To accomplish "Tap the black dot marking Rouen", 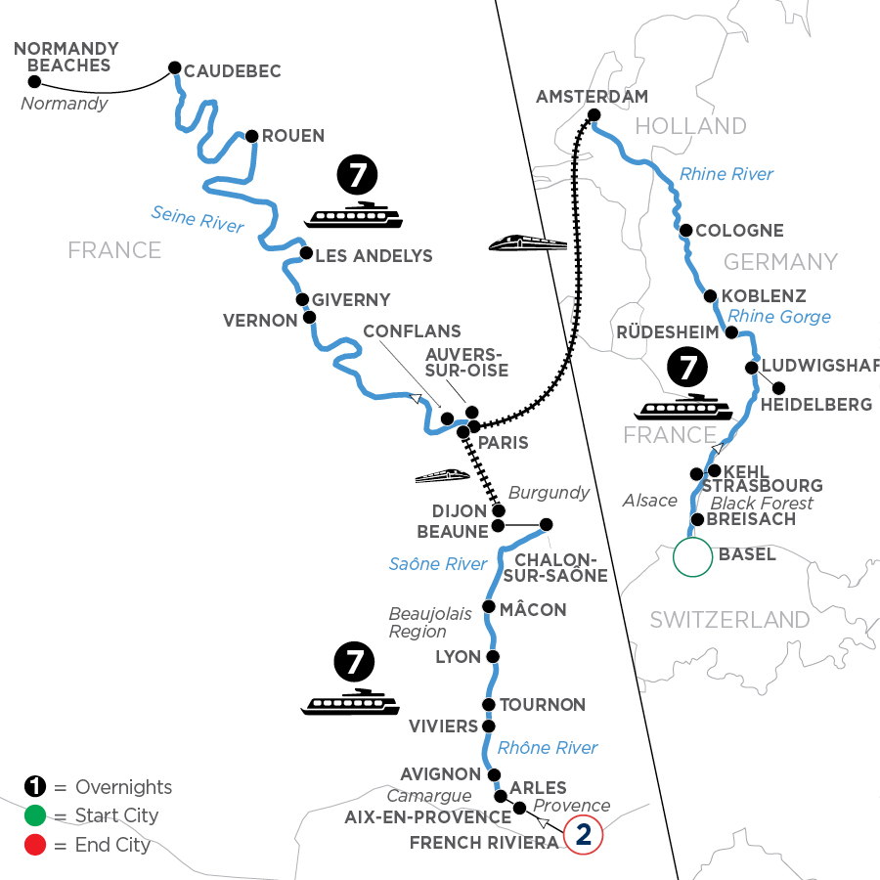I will coord(251,136).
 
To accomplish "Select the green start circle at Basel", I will coord(692,556).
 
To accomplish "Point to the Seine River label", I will coord(198,217).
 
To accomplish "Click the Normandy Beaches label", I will coord(66,57).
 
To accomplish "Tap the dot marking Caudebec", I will coord(175,67).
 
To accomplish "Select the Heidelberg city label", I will coord(815,404).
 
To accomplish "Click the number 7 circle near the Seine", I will coord(354,176).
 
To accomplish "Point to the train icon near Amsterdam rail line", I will coord(527,242).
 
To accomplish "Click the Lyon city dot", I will coord(493,657).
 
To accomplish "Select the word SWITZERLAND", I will coord(729,619).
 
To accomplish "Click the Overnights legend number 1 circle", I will coord(35,787).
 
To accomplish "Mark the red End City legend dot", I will coord(35,844).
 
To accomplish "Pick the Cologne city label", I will coord(739,231).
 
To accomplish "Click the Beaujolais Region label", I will coord(431,623).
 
